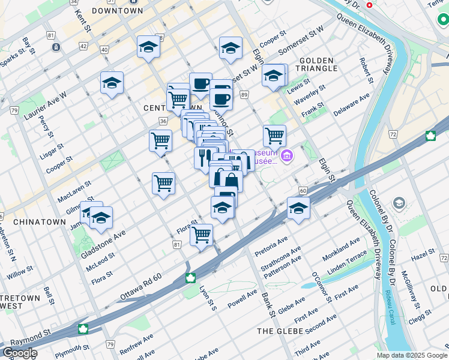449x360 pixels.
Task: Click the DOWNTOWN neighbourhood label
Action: (118, 11)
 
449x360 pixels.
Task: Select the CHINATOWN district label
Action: (39, 221)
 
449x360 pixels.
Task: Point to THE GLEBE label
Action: (282, 331)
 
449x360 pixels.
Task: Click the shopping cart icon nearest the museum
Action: (274, 136)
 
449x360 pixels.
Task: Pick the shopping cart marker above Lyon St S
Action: (202, 234)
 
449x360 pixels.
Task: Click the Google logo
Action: (20, 353)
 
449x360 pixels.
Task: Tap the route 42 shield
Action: (83, 46)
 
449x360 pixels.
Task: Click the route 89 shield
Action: (244, 95)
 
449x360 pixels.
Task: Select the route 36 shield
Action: (163, 121)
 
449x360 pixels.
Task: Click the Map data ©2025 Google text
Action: (411, 355)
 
